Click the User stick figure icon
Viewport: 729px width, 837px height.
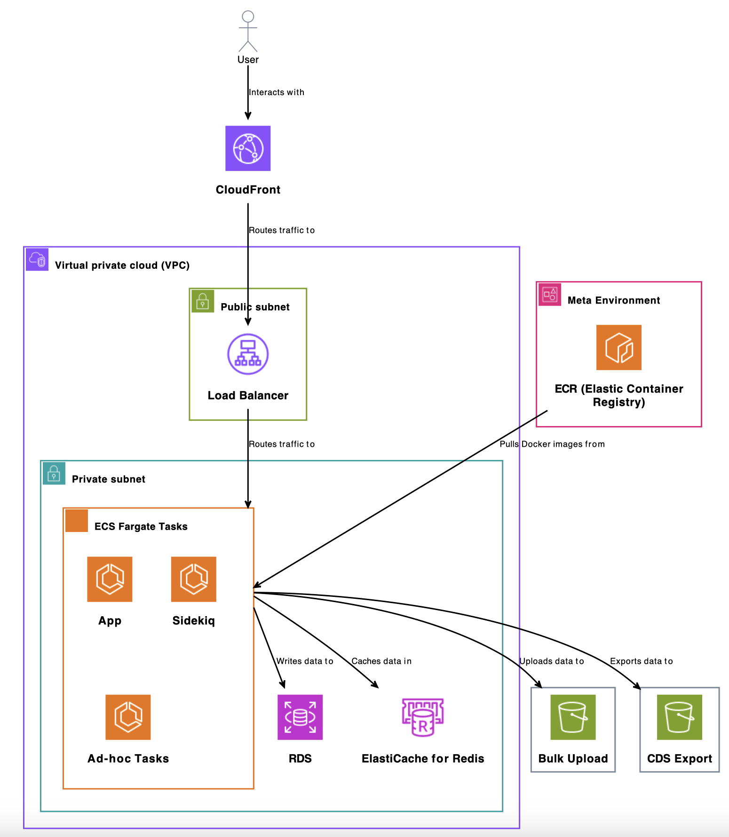pyautogui.click(x=248, y=31)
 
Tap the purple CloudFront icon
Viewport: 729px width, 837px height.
pyautogui.click(x=248, y=148)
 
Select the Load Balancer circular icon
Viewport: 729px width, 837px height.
pyautogui.click(x=248, y=354)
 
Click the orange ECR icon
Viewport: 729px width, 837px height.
pyautogui.click(x=618, y=347)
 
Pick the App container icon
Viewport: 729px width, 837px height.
pyautogui.click(x=110, y=579)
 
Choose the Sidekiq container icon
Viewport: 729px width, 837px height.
pyautogui.click(x=193, y=579)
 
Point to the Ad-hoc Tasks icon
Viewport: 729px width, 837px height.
pyautogui.click(x=128, y=717)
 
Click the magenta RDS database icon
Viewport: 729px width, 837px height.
pyautogui.click(x=300, y=717)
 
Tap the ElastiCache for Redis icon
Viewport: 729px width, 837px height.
pyautogui.click(x=423, y=717)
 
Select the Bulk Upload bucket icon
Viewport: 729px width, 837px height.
pyautogui.click(x=573, y=717)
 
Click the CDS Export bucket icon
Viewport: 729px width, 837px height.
pyautogui.click(x=679, y=717)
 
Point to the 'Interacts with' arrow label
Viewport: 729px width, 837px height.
pyautogui.click(x=277, y=92)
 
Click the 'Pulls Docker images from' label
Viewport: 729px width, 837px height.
pyautogui.click(x=552, y=444)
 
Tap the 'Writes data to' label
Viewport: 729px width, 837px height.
pyautogui.click(x=305, y=661)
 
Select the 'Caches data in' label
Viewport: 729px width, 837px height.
pyautogui.click(x=381, y=661)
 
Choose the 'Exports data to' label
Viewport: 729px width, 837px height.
pyautogui.click(x=641, y=661)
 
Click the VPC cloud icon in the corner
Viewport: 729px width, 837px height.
pyautogui.click(x=37, y=259)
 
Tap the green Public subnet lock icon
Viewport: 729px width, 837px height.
pyautogui.click(x=203, y=301)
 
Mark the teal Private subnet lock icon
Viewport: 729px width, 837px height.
pyautogui.click(x=54, y=473)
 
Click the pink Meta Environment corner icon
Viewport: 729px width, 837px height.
pyautogui.click(x=549, y=295)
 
